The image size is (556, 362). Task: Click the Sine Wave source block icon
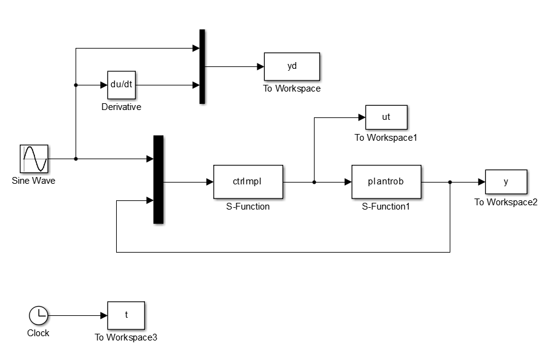point(34,159)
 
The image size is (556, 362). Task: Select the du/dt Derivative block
point(121,85)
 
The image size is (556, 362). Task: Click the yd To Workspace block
point(292,66)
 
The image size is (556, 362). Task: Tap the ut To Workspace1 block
point(386,117)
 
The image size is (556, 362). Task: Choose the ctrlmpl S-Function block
point(248,181)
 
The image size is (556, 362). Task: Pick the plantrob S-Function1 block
point(386,181)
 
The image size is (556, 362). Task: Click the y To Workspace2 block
point(506,182)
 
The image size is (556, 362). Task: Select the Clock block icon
point(38,316)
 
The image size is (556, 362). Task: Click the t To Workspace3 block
point(126,315)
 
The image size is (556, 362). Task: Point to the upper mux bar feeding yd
point(202,66)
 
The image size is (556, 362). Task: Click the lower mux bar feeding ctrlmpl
point(158,179)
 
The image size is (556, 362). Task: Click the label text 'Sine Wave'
point(33,181)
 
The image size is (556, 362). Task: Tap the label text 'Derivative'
point(121,107)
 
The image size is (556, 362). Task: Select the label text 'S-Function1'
point(386,207)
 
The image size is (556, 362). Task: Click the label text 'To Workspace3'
point(126,337)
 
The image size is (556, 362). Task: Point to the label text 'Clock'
point(38,333)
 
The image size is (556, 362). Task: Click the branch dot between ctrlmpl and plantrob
point(314,182)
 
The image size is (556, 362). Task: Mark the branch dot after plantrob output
point(450,182)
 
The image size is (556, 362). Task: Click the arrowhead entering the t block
point(104,316)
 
